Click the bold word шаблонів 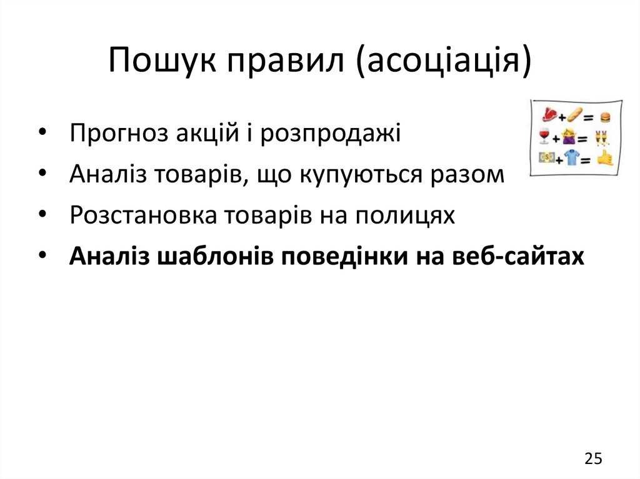(x=211, y=256)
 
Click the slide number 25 (x=593, y=459)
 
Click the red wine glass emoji (x=544, y=137)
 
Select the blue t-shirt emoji (x=569, y=159)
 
